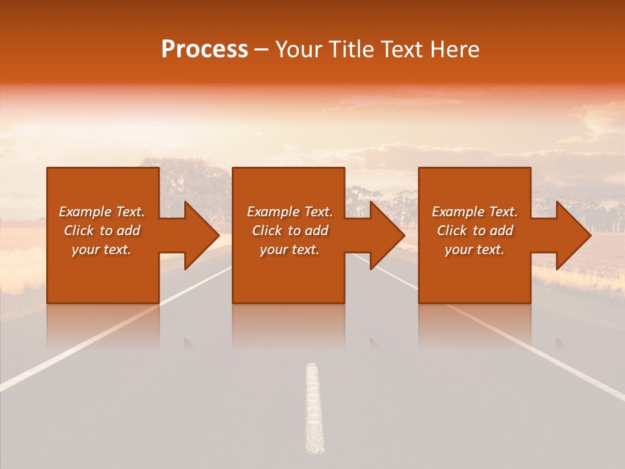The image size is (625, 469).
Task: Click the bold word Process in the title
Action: pyautogui.click(x=204, y=50)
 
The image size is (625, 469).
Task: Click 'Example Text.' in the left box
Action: pyautogui.click(x=102, y=212)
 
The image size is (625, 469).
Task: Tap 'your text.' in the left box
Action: pyautogui.click(x=102, y=249)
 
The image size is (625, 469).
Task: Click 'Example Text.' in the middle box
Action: pyautogui.click(x=290, y=212)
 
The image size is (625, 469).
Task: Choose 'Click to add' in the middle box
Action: pyautogui.click(x=290, y=231)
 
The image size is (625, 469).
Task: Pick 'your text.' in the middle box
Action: pyautogui.click(x=290, y=249)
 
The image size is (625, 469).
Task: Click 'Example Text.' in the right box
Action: pyautogui.click(x=475, y=212)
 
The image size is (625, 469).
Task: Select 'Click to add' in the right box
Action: pyautogui.click(x=475, y=231)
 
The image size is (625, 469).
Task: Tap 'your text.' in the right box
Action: pyautogui.click(x=475, y=249)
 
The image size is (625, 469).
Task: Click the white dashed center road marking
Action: pyautogui.click(x=314, y=407)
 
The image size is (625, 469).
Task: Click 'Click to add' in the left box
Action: pyautogui.click(x=102, y=231)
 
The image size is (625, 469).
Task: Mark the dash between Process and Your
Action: pyautogui.click(x=262, y=50)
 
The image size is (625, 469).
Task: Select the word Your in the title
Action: pyautogui.click(x=297, y=50)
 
